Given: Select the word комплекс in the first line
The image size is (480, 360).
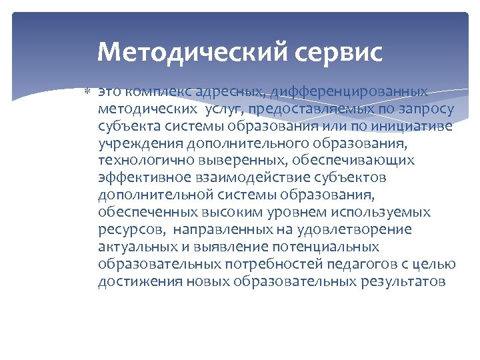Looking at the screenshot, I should click(154, 91).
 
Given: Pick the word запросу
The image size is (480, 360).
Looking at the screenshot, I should click(424, 108).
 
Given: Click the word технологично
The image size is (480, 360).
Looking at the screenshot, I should click(139, 160).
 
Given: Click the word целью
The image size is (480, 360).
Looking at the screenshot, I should click(437, 264).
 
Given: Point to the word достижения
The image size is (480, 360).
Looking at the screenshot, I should click(130, 281).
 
